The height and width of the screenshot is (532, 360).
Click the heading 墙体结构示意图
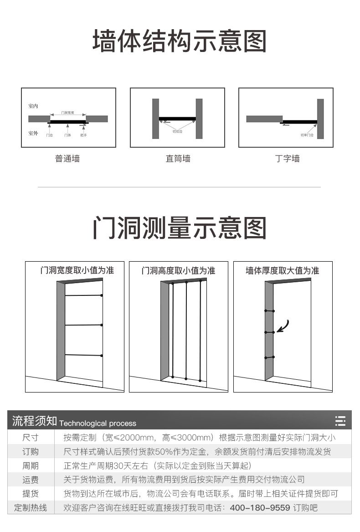tap(180, 41)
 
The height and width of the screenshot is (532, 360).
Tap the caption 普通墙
tap(67, 159)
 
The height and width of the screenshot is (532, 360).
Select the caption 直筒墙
tap(178, 159)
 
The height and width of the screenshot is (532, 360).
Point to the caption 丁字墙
tap(288, 159)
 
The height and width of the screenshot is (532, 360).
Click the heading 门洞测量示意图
tap(180, 228)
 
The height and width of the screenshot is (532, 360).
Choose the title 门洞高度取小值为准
tap(178, 270)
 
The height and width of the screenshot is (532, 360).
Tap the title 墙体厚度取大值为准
tap(283, 270)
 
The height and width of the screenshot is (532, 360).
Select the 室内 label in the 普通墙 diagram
tap(33, 106)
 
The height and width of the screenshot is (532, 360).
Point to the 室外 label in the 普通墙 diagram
tap(33, 133)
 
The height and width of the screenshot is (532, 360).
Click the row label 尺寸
tap(31, 438)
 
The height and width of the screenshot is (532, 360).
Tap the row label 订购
tap(31, 452)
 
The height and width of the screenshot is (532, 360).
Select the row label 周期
tap(31, 466)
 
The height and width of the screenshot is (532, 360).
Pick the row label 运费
tap(31, 480)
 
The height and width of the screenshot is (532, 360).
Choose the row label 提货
tap(31, 494)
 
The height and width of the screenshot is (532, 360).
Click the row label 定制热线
tap(31, 508)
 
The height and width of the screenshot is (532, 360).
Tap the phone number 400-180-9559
tap(260, 508)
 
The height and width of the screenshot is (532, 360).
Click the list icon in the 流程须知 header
tap(340, 421)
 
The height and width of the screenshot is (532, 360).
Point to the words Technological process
tap(98, 423)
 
